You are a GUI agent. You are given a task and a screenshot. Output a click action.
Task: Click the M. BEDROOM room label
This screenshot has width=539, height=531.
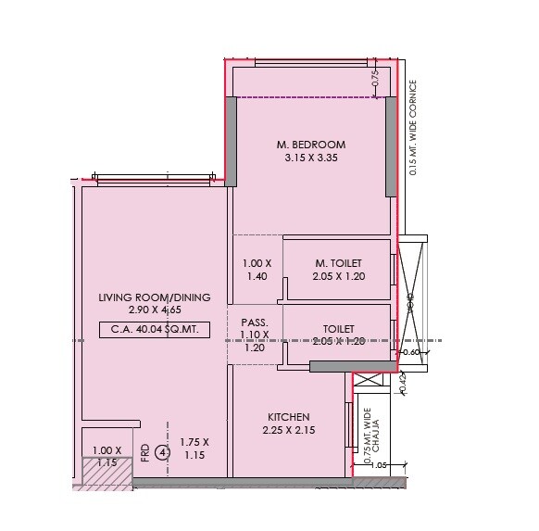(x=311, y=145)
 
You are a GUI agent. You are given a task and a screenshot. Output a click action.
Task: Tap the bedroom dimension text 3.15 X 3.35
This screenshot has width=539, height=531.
(x=311, y=158)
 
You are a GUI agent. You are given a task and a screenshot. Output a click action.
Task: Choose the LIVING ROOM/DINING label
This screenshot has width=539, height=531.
(x=155, y=297)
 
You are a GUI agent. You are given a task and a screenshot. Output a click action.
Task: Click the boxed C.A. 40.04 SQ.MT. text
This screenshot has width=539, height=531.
(x=156, y=329)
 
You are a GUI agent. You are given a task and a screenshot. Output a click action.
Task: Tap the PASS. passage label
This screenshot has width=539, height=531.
(x=256, y=322)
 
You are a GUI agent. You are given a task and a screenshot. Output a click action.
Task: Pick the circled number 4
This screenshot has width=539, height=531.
(x=162, y=452)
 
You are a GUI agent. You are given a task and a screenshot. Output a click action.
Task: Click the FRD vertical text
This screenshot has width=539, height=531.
(x=145, y=452)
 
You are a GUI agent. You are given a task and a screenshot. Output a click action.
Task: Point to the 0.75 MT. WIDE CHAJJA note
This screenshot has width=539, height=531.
(x=372, y=436)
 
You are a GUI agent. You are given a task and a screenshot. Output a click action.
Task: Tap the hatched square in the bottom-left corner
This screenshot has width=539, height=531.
(x=107, y=473)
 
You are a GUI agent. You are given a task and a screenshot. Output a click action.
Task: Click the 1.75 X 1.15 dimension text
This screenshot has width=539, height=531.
(x=194, y=449)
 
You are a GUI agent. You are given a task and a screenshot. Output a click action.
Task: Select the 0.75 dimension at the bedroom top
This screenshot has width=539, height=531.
(x=375, y=78)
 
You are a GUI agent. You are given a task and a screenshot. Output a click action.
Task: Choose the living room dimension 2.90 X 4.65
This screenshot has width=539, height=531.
(x=155, y=311)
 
